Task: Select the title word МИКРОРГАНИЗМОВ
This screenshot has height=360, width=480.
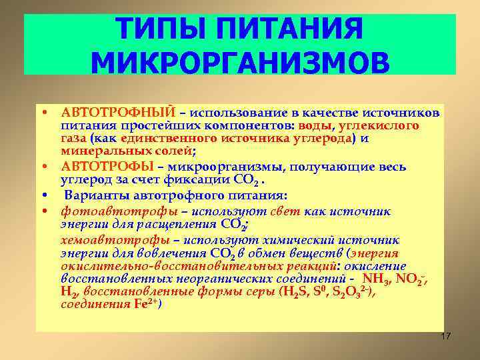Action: tap(239, 63)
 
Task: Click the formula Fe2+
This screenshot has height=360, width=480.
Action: tap(142, 304)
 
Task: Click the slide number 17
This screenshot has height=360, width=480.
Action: tap(445, 336)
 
